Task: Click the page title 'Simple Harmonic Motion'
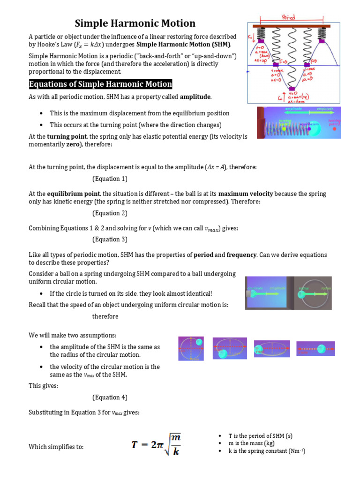[x=135, y=23]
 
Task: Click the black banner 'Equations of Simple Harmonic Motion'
[x=100, y=84]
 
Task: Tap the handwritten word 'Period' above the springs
[x=289, y=17]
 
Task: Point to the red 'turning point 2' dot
[x=334, y=129]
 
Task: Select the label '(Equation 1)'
[x=110, y=179]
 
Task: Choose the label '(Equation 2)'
[x=110, y=213]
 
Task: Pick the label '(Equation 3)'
[x=110, y=239]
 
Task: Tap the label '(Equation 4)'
[x=110, y=397]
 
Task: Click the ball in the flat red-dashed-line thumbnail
[x=321, y=348]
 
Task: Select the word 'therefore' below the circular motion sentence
[x=105, y=316]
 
